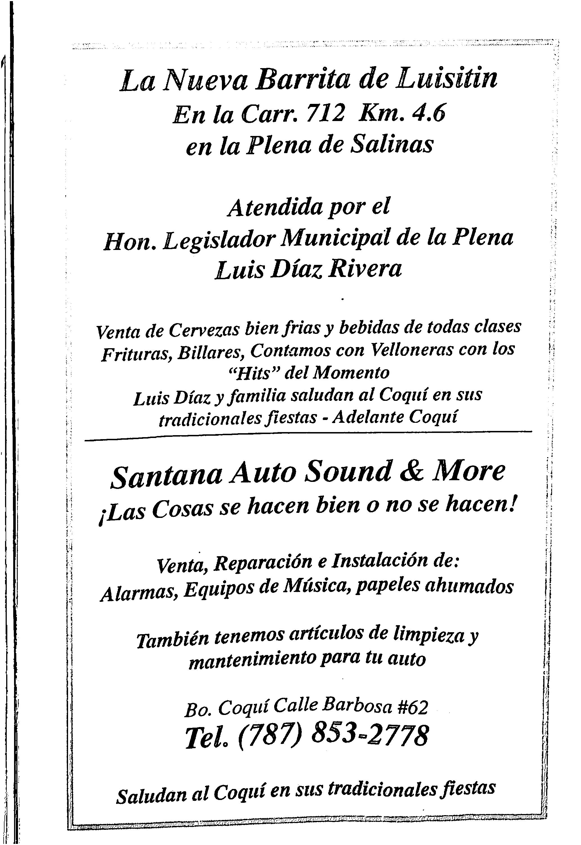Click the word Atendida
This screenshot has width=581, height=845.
pos(275,208)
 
